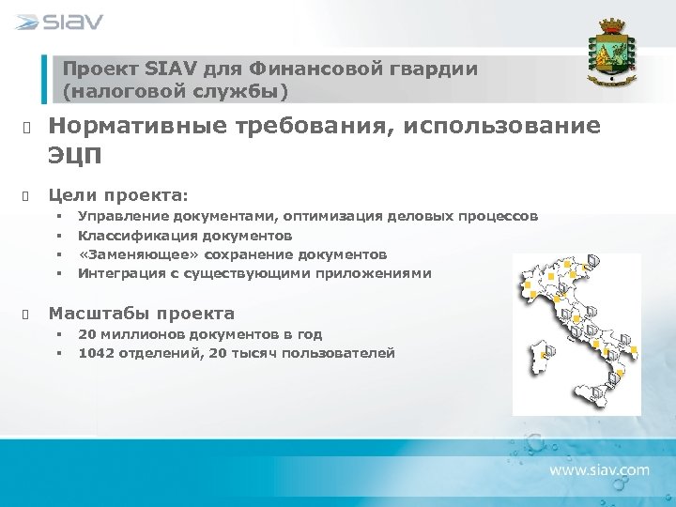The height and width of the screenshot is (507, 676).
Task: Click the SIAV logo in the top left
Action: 59,22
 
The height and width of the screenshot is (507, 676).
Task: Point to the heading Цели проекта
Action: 118,193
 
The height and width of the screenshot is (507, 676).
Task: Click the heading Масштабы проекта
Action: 141,313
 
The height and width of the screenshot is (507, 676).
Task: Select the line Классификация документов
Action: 184,236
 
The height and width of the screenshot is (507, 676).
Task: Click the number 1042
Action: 96,353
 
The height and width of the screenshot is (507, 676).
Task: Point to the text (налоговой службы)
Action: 176,91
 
